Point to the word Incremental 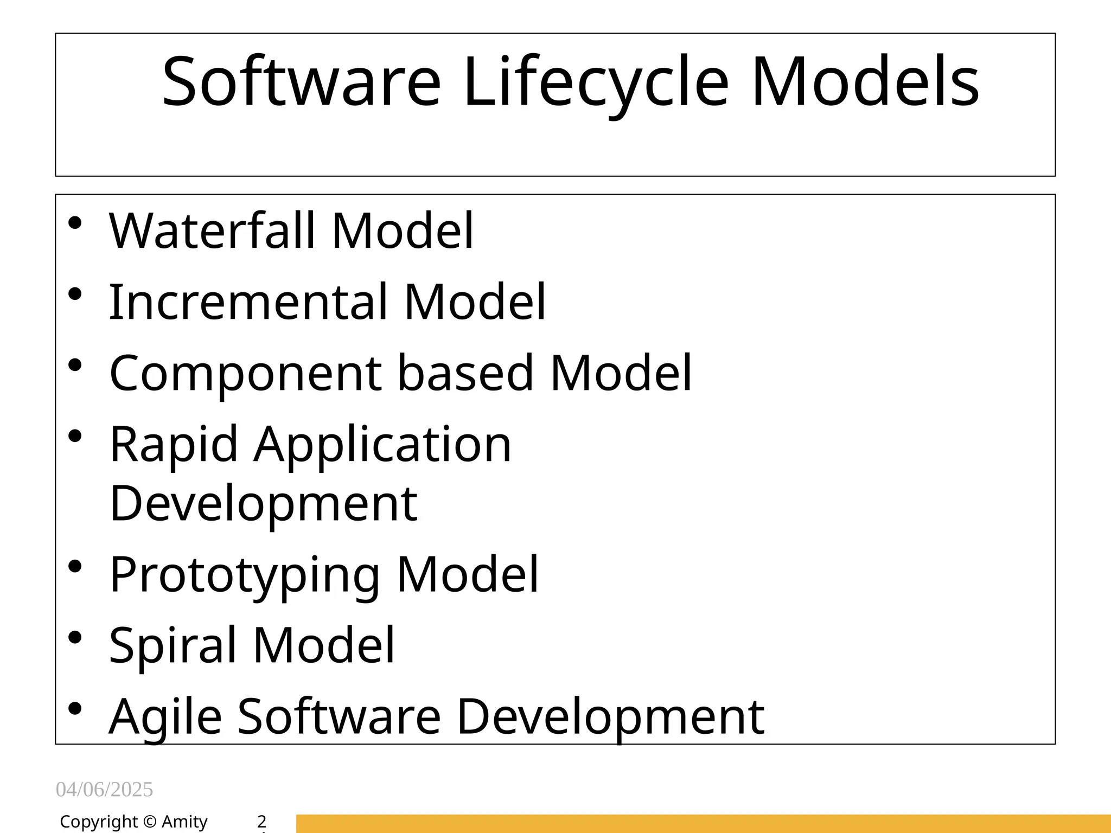(x=249, y=302)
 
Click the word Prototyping (x=245, y=575)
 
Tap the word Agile (x=165, y=717)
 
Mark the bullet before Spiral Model (x=75, y=637)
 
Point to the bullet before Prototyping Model (x=75, y=567)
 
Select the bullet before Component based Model (x=75, y=364)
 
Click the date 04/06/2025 (x=104, y=790)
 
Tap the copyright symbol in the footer (x=150, y=822)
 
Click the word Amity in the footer (x=184, y=822)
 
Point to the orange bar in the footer (x=703, y=823)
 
